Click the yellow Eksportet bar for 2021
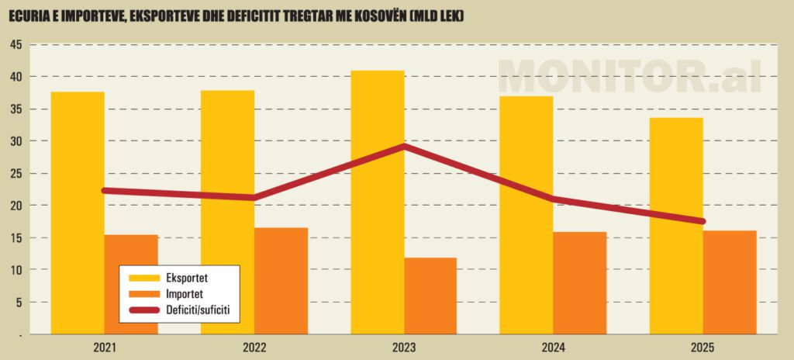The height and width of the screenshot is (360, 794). pyautogui.click(x=78, y=213)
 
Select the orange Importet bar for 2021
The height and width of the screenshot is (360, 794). pyautogui.click(x=131, y=284)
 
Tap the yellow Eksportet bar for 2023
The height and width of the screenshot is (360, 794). pyautogui.click(x=378, y=202)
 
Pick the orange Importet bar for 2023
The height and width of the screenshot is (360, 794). pyautogui.click(x=430, y=296)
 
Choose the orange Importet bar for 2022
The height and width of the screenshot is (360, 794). pyautogui.click(x=281, y=280)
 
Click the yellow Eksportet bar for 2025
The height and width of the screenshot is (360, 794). pyautogui.click(x=676, y=225)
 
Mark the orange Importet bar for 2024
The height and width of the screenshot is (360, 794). pyautogui.click(x=580, y=282)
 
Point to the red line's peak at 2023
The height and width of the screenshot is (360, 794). pyautogui.click(x=404, y=146)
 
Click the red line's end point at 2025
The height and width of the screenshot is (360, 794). pyautogui.click(x=703, y=221)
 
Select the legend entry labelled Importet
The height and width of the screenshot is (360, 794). pyautogui.click(x=185, y=294)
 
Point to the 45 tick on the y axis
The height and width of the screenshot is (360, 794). pyautogui.click(x=16, y=45)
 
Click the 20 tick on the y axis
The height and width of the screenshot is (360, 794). pyautogui.click(x=16, y=206)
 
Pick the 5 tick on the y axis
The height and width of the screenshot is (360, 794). pyautogui.click(x=18, y=302)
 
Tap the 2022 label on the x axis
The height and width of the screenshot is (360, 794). pyautogui.click(x=254, y=347)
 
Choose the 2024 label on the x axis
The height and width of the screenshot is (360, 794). pyautogui.click(x=553, y=347)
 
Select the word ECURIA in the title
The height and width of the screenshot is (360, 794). pyautogui.click(x=27, y=13)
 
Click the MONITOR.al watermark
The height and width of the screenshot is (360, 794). pyautogui.click(x=630, y=76)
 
